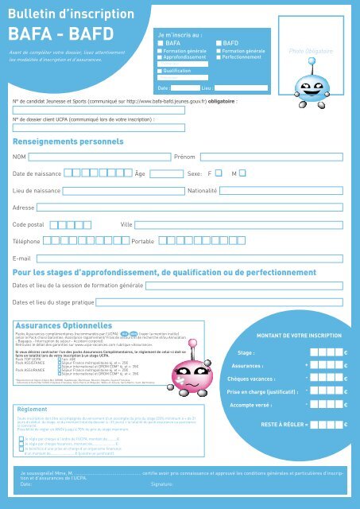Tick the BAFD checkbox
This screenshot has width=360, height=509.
click(219, 43)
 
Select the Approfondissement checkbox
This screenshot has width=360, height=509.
click(160, 58)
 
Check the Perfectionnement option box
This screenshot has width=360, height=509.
click(219, 58)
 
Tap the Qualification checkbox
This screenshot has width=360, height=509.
click(160, 70)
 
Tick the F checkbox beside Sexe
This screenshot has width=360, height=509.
click(239, 173)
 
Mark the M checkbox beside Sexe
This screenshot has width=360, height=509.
click(265, 173)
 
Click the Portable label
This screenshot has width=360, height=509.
click(143, 240)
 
